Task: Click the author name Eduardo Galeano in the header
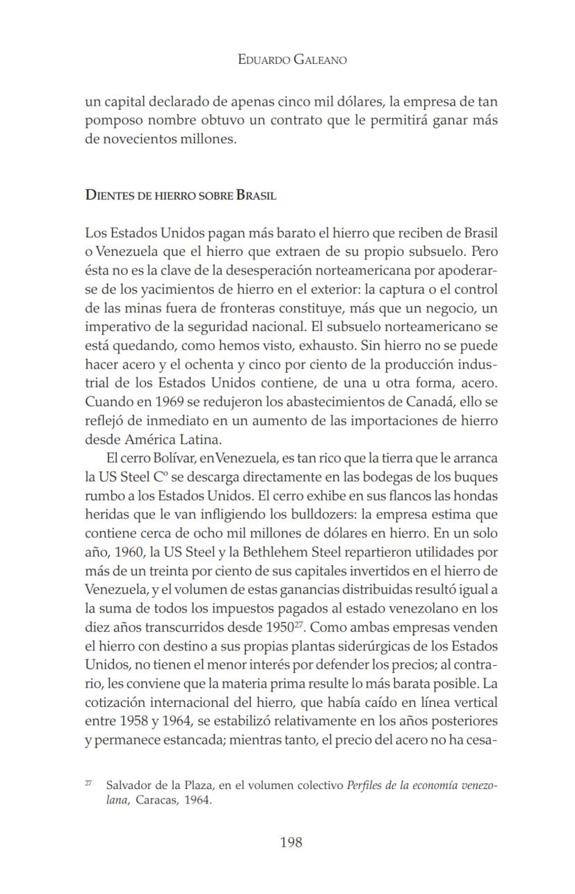pos(292,60)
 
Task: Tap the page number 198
pos(291,843)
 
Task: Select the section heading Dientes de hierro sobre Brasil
pos(181,195)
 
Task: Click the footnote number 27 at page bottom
pos(88,783)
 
